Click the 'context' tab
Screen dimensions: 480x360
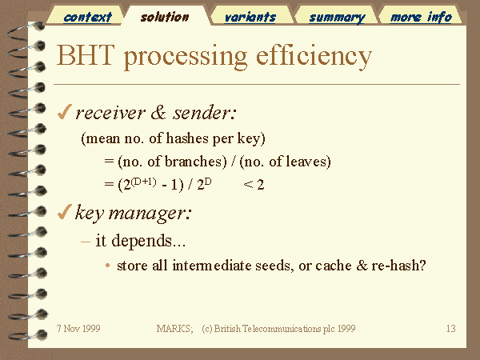87,17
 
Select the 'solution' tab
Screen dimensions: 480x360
165,17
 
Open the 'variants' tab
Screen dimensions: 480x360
250,17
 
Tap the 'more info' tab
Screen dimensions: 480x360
421,17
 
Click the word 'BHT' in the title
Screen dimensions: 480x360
86,55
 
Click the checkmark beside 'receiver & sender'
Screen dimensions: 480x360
65,112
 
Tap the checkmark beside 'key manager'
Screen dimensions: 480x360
65,212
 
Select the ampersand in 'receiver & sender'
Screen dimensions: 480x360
158,112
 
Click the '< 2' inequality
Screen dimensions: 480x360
254,185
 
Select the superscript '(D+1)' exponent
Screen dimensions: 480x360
143,182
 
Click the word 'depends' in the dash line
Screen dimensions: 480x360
142,242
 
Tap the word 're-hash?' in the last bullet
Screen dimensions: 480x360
398,265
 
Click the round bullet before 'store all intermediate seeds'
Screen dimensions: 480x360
107,266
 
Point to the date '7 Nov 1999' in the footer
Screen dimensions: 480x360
78,329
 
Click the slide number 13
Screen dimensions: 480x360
451,329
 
